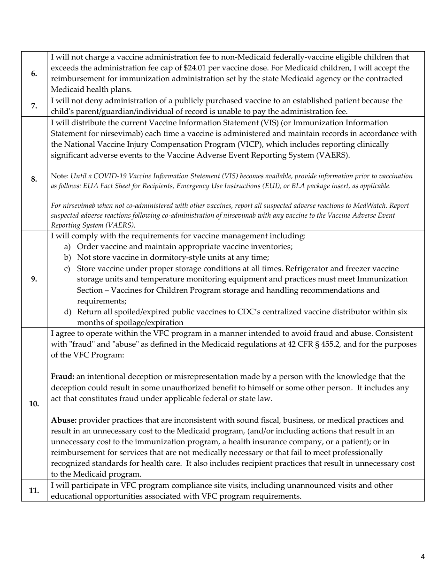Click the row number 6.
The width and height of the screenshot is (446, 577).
pos(34,74)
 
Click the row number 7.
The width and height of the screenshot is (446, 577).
pos(34,106)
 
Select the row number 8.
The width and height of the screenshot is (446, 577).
pos(34,179)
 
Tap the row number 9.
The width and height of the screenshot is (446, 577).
pos(34,279)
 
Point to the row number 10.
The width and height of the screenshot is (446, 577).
pos(34,403)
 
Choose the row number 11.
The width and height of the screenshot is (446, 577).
pos(34,491)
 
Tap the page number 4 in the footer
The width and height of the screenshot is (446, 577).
pos(423,557)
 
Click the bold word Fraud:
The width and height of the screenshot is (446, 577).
pos(62,377)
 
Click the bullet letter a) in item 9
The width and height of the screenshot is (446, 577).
pos(67,247)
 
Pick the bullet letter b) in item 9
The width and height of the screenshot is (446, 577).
pos(67,258)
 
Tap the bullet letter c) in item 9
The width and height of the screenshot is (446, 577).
pos(67,269)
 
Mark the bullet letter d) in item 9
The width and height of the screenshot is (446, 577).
pos(67,312)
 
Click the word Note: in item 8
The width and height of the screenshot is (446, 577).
pos(60,176)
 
